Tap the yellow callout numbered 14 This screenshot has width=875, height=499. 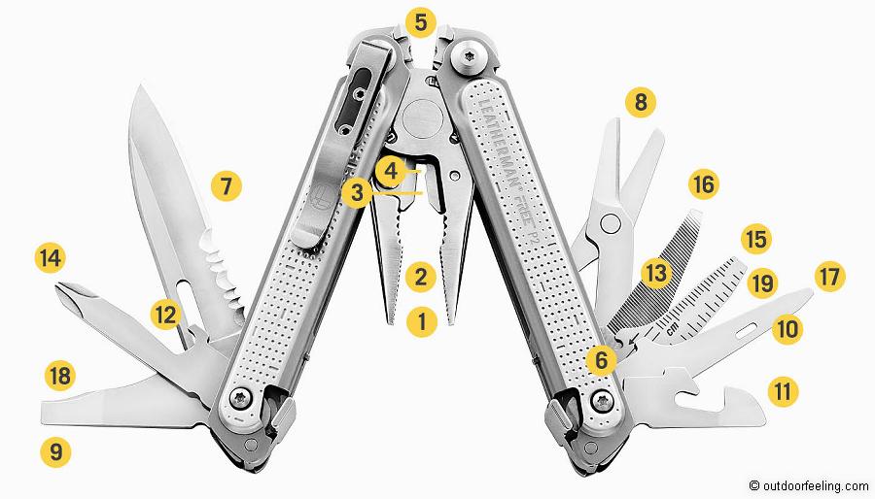pyautogui.click(x=50, y=258)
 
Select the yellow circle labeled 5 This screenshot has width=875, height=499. pyautogui.click(x=420, y=20)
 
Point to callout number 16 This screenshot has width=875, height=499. pyautogui.click(x=703, y=183)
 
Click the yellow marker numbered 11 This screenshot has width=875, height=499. pyautogui.click(x=783, y=392)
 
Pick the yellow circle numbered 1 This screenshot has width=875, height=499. pyautogui.click(x=420, y=321)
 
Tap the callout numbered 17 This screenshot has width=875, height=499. pyautogui.click(x=829, y=277)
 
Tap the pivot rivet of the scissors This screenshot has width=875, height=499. pyautogui.click(x=611, y=225)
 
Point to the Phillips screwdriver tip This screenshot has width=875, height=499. pyautogui.click(x=67, y=289)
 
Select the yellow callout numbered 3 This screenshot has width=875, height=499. pyautogui.click(x=357, y=192)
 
